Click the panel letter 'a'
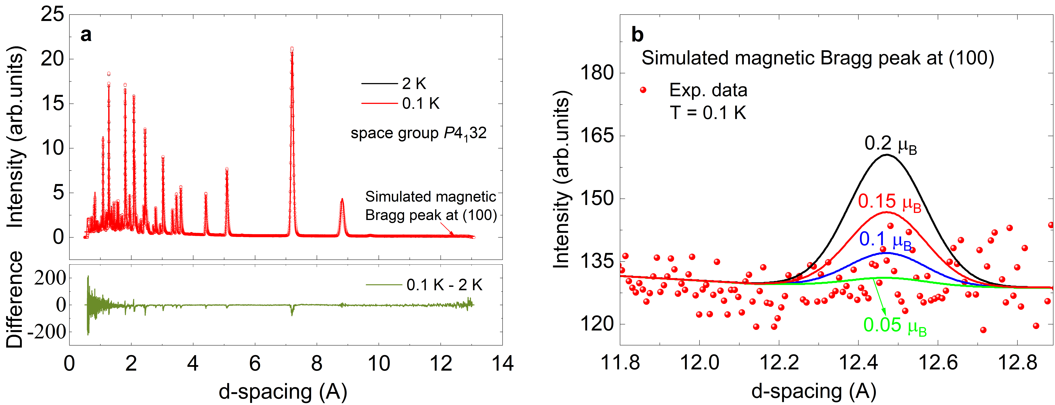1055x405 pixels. click(86, 35)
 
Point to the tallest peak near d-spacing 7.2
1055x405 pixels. click(292, 49)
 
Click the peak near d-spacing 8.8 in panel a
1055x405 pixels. click(342, 200)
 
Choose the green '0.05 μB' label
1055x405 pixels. click(895, 326)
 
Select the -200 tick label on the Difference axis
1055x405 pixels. click(46, 332)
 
